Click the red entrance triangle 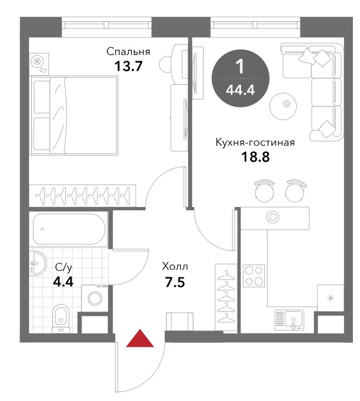click(x=140, y=338)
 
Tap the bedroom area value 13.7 click(x=128, y=67)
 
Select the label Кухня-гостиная click(x=255, y=142)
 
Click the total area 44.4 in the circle click(x=240, y=90)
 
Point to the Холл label click(x=175, y=266)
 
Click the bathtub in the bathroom click(x=69, y=229)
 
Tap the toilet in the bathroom click(x=61, y=319)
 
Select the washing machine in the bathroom click(x=95, y=298)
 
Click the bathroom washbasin click(x=38, y=263)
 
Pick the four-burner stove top click(x=254, y=276)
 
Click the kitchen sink click(x=290, y=320)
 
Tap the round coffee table click(x=283, y=106)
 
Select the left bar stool click(x=264, y=190)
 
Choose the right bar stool click(x=296, y=190)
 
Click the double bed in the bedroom click(x=74, y=115)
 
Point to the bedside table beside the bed click(x=39, y=63)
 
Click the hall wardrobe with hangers click(x=226, y=297)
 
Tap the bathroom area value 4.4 click(x=63, y=282)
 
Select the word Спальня click(x=128, y=52)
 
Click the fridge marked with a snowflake click(x=331, y=298)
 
